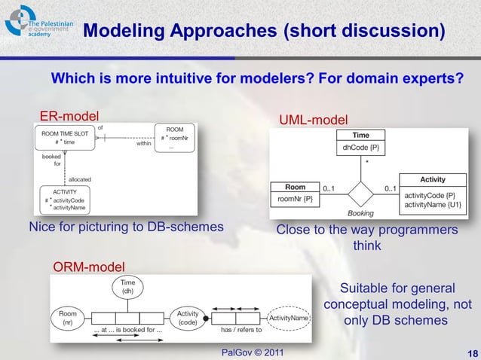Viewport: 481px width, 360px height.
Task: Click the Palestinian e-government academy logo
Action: pyautogui.click(x=38, y=29)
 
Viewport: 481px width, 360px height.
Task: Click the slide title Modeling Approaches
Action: pyautogui.click(x=262, y=32)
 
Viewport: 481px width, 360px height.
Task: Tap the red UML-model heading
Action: pyautogui.click(x=314, y=120)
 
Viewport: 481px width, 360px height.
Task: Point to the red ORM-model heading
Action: pyautogui.click(x=88, y=265)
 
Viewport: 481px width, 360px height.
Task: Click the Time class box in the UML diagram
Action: pyautogui.click(x=361, y=142)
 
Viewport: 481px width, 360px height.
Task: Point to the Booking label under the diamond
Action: pyautogui.click(x=360, y=213)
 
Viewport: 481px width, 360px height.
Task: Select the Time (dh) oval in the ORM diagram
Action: pyautogui.click(x=128, y=287)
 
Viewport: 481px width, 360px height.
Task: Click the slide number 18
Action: pyautogui.click(x=467, y=352)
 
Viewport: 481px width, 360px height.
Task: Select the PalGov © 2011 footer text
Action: pyautogui.click(x=253, y=352)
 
